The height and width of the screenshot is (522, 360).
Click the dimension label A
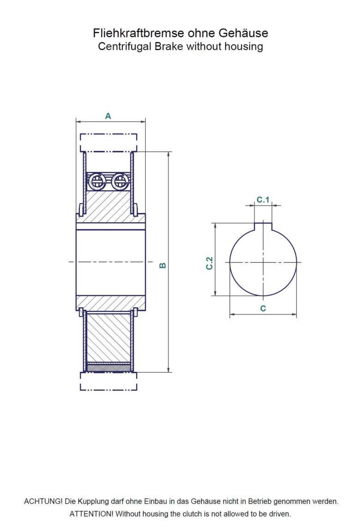tap(108, 116)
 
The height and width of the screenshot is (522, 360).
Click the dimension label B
tap(162, 265)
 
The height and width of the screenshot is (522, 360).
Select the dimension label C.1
tap(263, 200)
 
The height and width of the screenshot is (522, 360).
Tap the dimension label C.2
tap(210, 263)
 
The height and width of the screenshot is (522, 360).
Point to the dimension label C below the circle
tap(263, 308)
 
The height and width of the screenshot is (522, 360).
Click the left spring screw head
tap(97, 181)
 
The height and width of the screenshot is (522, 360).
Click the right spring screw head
tap(119, 181)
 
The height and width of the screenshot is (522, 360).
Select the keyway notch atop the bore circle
tap(263, 226)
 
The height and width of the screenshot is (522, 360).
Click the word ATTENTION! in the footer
tap(91, 514)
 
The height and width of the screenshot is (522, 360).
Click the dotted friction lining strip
tap(108, 368)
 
